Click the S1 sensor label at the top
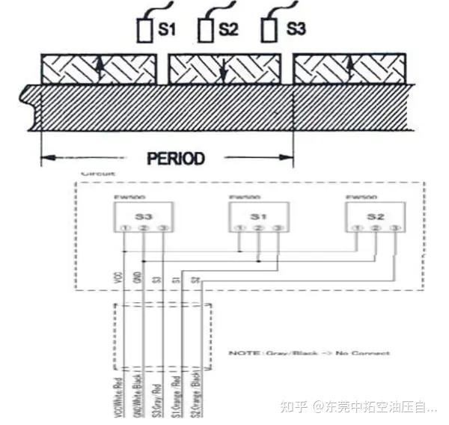coord(167,30)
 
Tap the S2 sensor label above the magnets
coord(228,30)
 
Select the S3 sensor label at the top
coord(296,30)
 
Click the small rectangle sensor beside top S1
coord(145,31)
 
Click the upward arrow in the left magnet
coord(98,69)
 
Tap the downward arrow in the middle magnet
coord(224,69)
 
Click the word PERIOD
coord(175,159)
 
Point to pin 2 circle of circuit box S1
coord(258,227)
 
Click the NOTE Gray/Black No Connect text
coord(308,352)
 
